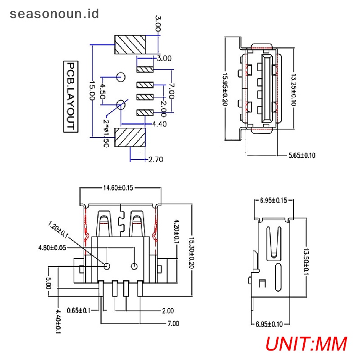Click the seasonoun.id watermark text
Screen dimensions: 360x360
tap(54, 14)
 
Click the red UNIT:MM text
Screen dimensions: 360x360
tap(306, 344)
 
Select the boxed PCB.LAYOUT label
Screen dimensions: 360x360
tap(71, 97)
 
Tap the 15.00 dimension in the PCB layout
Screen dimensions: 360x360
tap(92, 90)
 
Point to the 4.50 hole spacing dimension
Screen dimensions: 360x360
tap(103, 91)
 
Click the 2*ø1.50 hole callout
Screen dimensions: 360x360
tap(106, 133)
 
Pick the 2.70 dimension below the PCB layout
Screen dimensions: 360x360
tap(156, 159)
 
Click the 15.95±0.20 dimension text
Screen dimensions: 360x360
tap(225, 90)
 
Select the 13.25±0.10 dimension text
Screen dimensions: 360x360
tap(293, 90)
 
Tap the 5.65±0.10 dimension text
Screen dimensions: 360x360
tap(301, 155)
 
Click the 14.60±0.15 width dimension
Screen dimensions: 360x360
tap(118, 188)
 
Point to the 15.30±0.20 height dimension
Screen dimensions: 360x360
tap(191, 252)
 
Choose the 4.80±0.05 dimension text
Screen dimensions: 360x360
tap(52, 248)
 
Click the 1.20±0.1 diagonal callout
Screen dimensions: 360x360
tap(58, 230)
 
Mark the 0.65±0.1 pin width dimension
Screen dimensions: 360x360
tap(78, 310)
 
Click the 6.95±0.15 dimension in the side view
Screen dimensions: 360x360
tap(274, 200)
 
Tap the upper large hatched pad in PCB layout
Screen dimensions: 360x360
tap(130, 45)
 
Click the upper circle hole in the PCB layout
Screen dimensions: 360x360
tap(121, 77)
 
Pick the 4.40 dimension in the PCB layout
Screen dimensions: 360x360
tap(159, 124)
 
